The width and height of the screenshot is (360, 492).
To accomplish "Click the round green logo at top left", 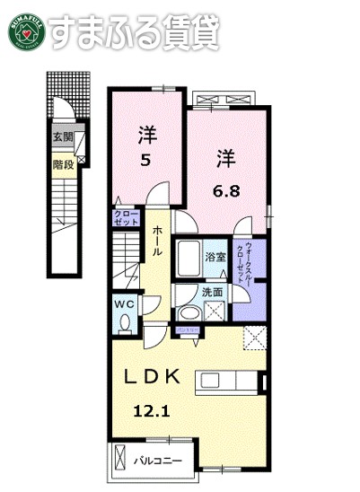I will click(x=24, y=31).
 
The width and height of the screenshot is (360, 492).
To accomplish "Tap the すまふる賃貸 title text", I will click(x=134, y=31).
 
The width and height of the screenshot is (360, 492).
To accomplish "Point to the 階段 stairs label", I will click(x=62, y=164).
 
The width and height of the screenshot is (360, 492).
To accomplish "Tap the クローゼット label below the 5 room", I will click(x=126, y=216).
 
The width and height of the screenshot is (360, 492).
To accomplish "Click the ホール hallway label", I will click(x=158, y=241).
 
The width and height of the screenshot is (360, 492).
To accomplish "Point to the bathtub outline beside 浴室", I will click(x=188, y=259).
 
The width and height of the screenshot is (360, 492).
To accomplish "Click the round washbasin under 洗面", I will click(x=189, y=312).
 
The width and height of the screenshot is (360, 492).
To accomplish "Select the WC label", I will click(x=125, y=304).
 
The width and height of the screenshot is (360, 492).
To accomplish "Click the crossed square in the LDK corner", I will click(x=255, y=339).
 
